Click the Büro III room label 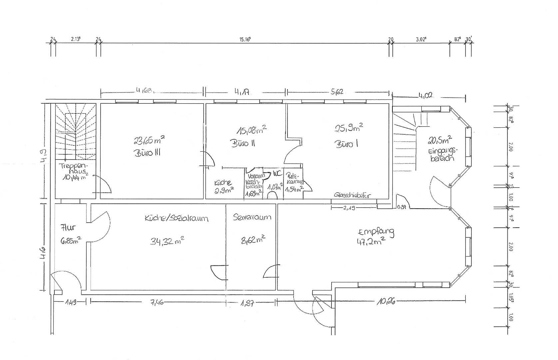pos(147,153)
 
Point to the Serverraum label pos(252,217)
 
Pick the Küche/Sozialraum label pos(176,218)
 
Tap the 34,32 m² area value pos(167,241)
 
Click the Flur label pos(68,228)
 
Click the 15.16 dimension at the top pos(245,39)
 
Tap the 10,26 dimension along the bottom pos(386,302)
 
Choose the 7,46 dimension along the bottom pos(157,303)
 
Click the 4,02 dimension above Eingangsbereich pos(425,95)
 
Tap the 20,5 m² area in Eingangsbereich pos(440,140)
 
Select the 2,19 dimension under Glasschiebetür pos(349,208)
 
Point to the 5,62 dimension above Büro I pos(337,92)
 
